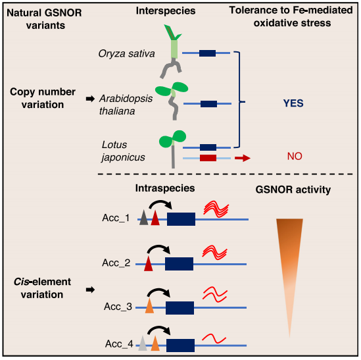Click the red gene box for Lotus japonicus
[208, 158]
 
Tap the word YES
[293, 103]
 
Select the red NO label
[295, 156]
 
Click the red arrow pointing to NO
[243, 158]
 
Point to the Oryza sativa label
[126, 54]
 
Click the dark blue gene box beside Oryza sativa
[207, 53]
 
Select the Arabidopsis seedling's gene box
[208, 104]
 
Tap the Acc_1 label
[116, 218]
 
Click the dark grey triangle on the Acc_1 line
[143, 218]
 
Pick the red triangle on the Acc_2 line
[148, 263]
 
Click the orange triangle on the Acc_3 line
[149, 305]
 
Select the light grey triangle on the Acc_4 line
[143, 344]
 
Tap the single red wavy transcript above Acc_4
[214, 338]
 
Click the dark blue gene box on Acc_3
[180, 308]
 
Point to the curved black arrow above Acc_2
[158, 249]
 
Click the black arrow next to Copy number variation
[90, 99]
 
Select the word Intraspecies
[165, 188]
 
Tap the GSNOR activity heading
[293, 190]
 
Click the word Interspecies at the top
[166, 11]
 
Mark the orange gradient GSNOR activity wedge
[289, 265]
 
